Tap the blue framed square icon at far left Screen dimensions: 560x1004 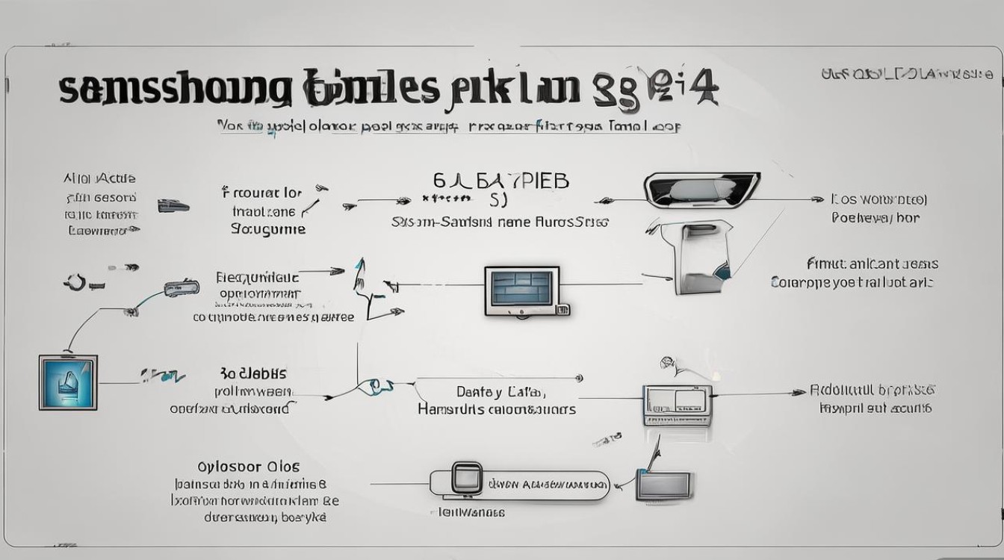(68, 383)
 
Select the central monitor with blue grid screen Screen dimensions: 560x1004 (521, 290)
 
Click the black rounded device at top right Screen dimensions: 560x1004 (701, 190)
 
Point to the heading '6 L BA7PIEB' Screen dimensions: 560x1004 (501, 181)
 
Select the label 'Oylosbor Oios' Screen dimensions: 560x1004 (249, 467)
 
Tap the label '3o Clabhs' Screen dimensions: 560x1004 (253, 373)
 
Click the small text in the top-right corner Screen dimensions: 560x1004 (906, 74)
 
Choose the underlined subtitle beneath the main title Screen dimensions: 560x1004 (448, 126)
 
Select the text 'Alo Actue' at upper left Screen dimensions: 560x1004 (100, 179)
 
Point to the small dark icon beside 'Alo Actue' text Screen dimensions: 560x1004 (173, 205)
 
